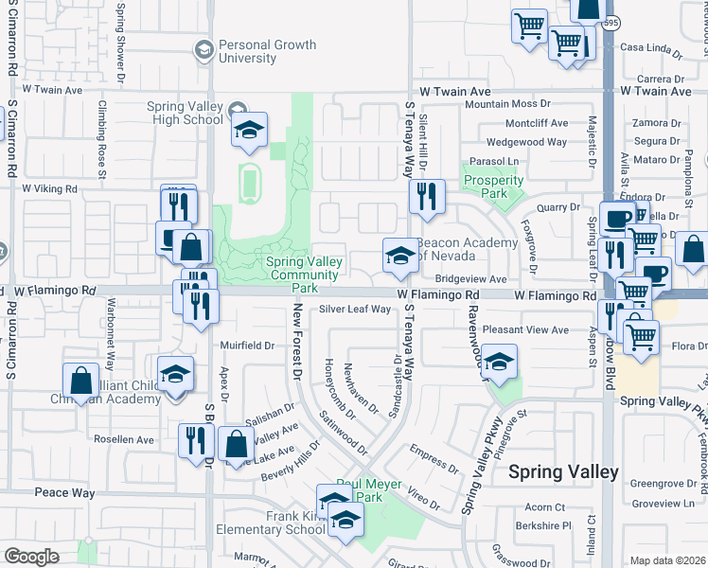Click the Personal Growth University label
(x=255, y=52)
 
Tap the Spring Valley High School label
(x=186, y=114)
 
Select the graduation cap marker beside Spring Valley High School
(x=249, y=131)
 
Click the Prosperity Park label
(x=492, y=186)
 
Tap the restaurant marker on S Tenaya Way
(x=425, y=197)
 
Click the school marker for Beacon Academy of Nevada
(x=399, y=256)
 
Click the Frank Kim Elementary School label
(x=270, y=524)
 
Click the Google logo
(x=31, y=557)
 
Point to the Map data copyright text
(x=667, y=560)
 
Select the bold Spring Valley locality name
(x=564, y=471)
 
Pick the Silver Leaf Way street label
(x=354, y=310)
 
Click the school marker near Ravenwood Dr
(x=499, y=361)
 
